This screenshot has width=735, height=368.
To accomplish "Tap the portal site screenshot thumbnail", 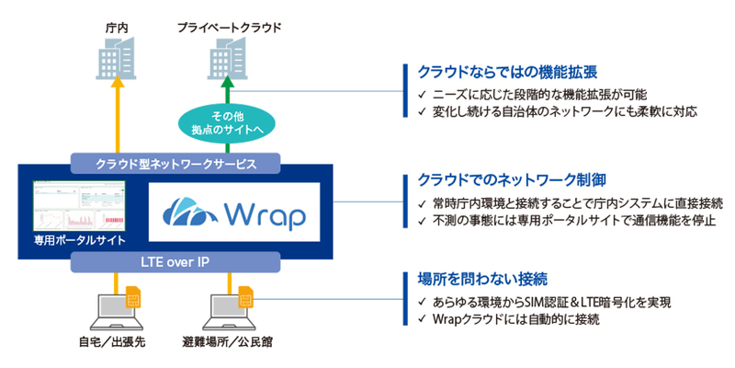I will point(78,207).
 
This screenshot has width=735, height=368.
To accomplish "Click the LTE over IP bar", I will point(175,263).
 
